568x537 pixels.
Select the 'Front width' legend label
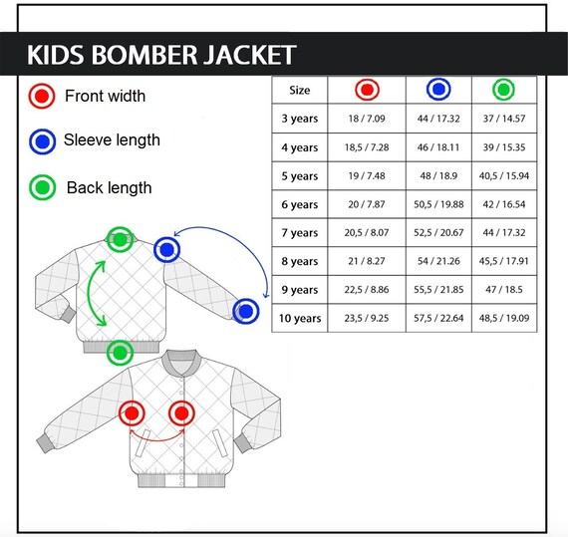(105, 96)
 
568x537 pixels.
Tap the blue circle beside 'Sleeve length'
(43, 141)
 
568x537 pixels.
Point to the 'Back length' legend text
(109, 188)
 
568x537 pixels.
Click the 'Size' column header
(300, 90)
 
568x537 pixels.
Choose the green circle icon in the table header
(503, 89)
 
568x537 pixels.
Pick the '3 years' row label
(300, 119)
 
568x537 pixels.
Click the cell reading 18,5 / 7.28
(367, 147)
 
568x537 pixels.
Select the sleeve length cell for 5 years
(438, 176)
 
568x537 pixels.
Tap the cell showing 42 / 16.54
(504, 204)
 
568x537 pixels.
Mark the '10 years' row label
(300, 318)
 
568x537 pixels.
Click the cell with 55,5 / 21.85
(438, 290)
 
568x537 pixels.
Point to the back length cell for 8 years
(504, 261)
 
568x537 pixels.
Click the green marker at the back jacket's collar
(120, 239)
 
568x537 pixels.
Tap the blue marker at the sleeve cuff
(246, 311)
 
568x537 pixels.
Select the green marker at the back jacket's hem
(120, 353)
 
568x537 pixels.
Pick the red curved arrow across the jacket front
(157, 440)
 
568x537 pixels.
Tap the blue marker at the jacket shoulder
(166, 249)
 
